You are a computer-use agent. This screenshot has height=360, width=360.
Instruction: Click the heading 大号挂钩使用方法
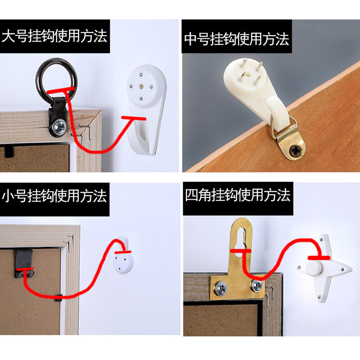[x=55, y=36]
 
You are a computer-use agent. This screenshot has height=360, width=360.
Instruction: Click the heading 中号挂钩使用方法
[x=236, y=39]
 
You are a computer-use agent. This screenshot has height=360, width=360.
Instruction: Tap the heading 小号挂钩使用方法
[x=55, y=196]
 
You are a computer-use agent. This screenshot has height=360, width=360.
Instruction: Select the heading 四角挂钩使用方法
[x=238, y=195]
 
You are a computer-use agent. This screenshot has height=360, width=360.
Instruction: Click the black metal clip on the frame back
[x=24, y=263]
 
